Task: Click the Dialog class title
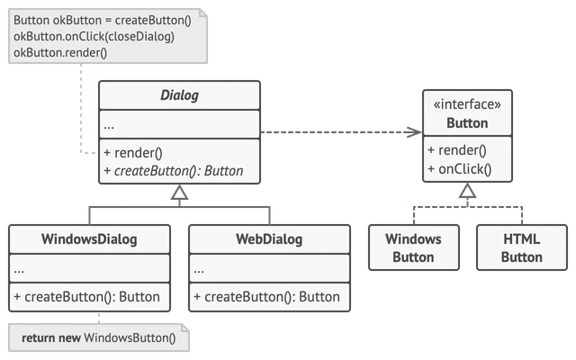[x=179, y=95]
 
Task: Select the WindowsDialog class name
[x=89, y=239]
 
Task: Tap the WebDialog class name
[x=269, y=239]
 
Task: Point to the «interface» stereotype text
[x=467, y=104]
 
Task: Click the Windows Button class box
[x=414, y=247]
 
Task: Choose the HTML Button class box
[x=522, y=247]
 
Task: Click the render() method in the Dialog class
[x=133, y=153]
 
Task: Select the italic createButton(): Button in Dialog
[x=174, y=171]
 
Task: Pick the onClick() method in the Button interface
[x=460, y=169]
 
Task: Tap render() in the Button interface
[x=457, y=150]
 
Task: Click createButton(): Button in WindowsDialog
[x=86, y=297]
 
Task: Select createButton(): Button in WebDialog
[x=266, y=297]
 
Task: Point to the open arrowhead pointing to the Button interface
[x=415, y=132]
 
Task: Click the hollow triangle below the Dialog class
[x=180, y=193]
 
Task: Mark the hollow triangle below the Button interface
[x=467, y=191]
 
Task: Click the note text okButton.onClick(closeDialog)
[x=94, y=37]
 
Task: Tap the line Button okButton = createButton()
[x=103, y=20]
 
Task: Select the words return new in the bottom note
[x=51, y=337]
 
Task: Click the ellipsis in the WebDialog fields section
[x=199, y=271]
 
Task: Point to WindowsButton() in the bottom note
[x=130, y=337]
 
